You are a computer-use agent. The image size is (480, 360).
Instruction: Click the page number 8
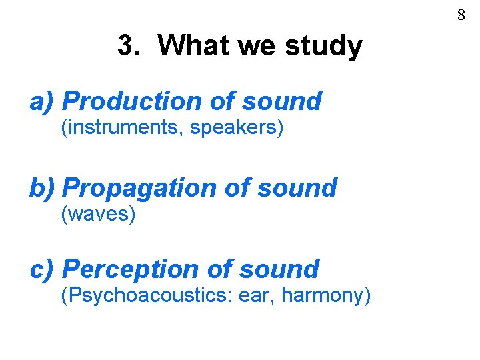461,15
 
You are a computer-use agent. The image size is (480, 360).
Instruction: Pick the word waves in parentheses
99,215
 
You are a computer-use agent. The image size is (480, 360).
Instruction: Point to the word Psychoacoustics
145,295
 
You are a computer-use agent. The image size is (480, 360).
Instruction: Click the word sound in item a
282,101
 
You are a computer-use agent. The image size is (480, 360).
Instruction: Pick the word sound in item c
279,269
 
